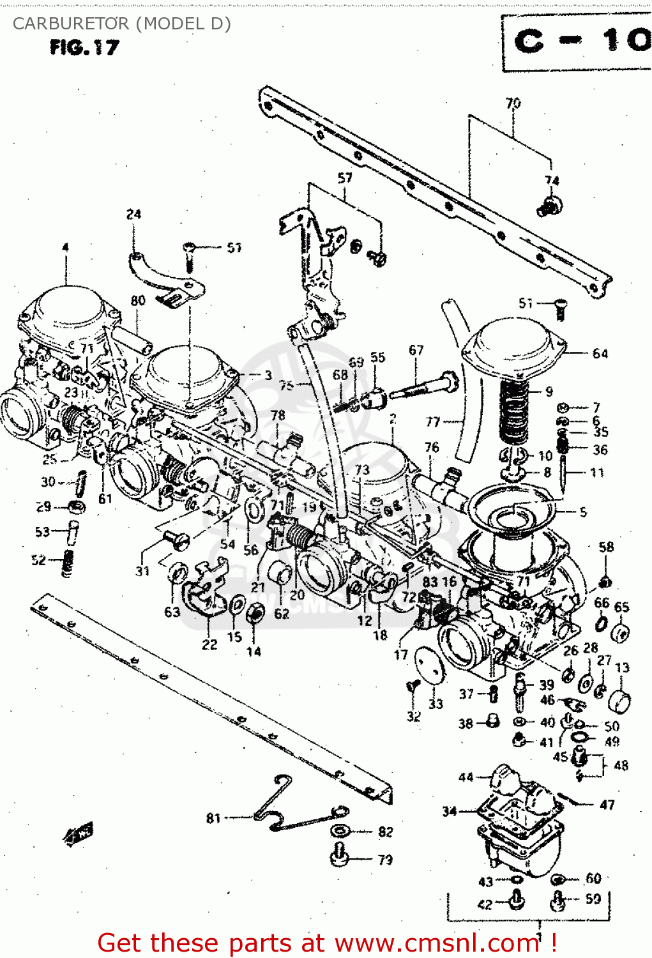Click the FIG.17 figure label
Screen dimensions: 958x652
[x=84, y=47]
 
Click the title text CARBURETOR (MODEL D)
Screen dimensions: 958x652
[x=121, y=24]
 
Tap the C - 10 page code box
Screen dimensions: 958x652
[x=578, y=42]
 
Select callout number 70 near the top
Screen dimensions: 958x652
[x=513, y=103]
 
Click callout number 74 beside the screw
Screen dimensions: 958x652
[x=552, y=181]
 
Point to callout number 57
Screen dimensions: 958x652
[x=345, y=178]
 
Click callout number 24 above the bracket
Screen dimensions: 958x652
[x=133, y=214]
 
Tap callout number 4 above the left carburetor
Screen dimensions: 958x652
[x=65, y=247]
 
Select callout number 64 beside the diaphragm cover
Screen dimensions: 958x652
[x=600, y=353]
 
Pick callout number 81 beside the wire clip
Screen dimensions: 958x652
[x=213, y=817]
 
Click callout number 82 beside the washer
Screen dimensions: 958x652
[x=385, y=832]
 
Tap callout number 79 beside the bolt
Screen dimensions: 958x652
[x=385, y=860]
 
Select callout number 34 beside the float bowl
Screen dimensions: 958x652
[x=450, y=811]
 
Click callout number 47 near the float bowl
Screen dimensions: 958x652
[x=607, y=805]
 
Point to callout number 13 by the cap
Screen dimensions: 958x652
[x=622, y=667]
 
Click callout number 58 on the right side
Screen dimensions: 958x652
[x=606, y=547]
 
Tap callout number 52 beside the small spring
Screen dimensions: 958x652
[x=39, y=560]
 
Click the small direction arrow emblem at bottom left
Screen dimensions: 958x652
[x=78, y=833]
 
